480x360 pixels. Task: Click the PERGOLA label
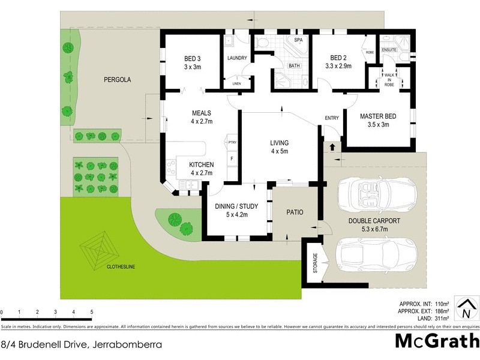click(117, 79)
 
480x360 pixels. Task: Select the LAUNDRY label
click(238, 58)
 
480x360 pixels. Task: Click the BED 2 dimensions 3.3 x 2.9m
click(339, 67)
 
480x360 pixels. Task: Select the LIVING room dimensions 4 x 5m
click(279, 151)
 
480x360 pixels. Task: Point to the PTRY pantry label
click(232, 142)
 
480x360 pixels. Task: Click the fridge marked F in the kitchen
click(232, 158)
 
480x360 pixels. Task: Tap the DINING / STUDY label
click(232, 206)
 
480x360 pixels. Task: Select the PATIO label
click(295, 212)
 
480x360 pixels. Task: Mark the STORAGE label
click(316, 264)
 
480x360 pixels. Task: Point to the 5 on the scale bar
click(91, 312)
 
